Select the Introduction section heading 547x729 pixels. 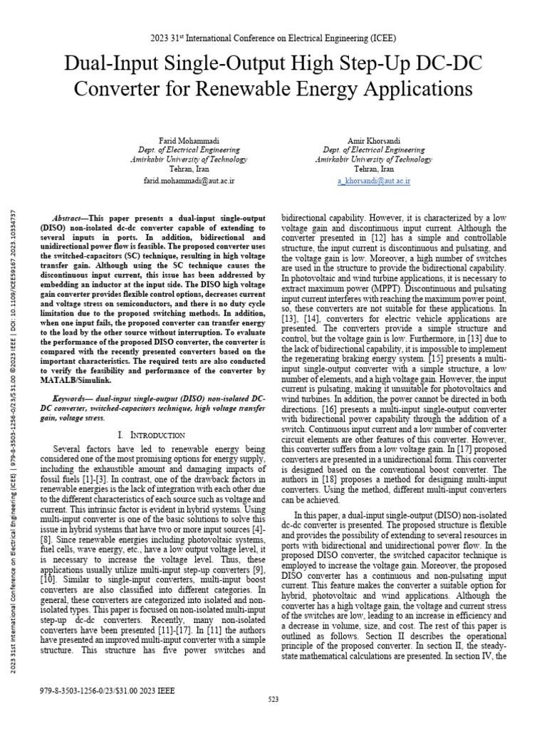click(152, 435)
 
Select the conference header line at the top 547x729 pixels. click(273, 38)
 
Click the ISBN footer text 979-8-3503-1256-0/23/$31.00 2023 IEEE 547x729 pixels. click(108, 691)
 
